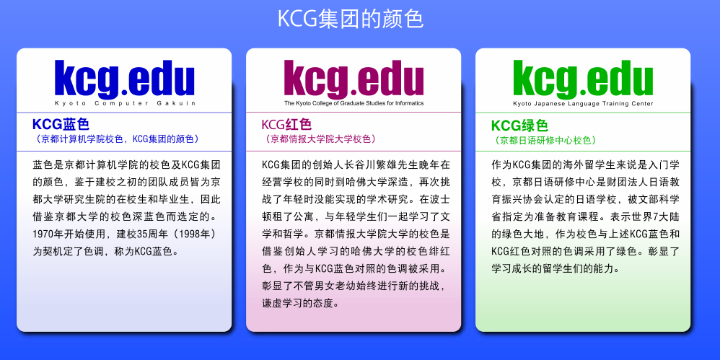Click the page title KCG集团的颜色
click(351, 19)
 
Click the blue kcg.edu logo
click(124, 79)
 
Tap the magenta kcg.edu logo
click(354, 79)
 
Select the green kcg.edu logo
click(583, 79)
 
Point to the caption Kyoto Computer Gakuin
click(125, 103)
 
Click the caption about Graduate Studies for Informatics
click(354, 103)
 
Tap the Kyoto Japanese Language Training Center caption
click(583, 104)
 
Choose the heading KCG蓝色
click(61, 124)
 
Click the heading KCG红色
click(286, 124)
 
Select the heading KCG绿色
click(519, 125)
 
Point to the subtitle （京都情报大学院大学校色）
click(319, 139)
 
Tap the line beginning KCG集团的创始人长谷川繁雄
click(356, 164)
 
